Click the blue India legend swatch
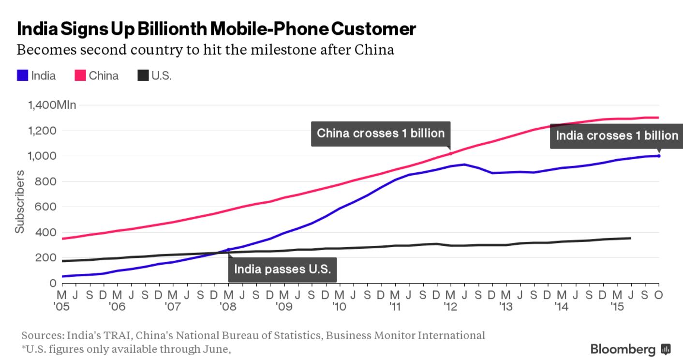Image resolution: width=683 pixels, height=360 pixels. pyautogui.click(x=22, y=75)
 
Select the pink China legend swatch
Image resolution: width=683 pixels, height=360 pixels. pyautogui.click(x=80, y=75)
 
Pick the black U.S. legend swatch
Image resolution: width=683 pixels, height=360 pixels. pyautogui.click(x=143, y=75)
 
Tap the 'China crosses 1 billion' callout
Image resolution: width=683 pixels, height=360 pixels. pyautogui.click(x=380, y=133)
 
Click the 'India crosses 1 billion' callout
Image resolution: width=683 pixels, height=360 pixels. pyautogui.click(x=617, y=135)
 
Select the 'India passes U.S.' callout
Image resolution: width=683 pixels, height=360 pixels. pyautogui.click(x=282, y=269)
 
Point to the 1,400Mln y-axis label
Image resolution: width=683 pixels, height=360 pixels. pyautogui.click(x=52, y=105)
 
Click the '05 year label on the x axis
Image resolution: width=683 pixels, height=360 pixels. pyautogui.click(x=62, y=306)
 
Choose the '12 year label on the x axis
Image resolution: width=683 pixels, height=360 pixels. pyautogui.click(x=450, y=306)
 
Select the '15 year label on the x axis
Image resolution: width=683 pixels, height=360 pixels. pyautogui.click(x=617, y=306)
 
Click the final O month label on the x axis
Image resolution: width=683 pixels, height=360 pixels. pyautogui.click(x=658, y=294)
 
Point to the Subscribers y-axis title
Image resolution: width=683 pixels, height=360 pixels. pyautogui.click(x=19, y=201)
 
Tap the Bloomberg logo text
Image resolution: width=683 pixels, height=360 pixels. pyautogui.click(x=623, y=349)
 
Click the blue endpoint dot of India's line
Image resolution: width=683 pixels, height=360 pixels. pyautogui.click(x=658, y=156)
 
